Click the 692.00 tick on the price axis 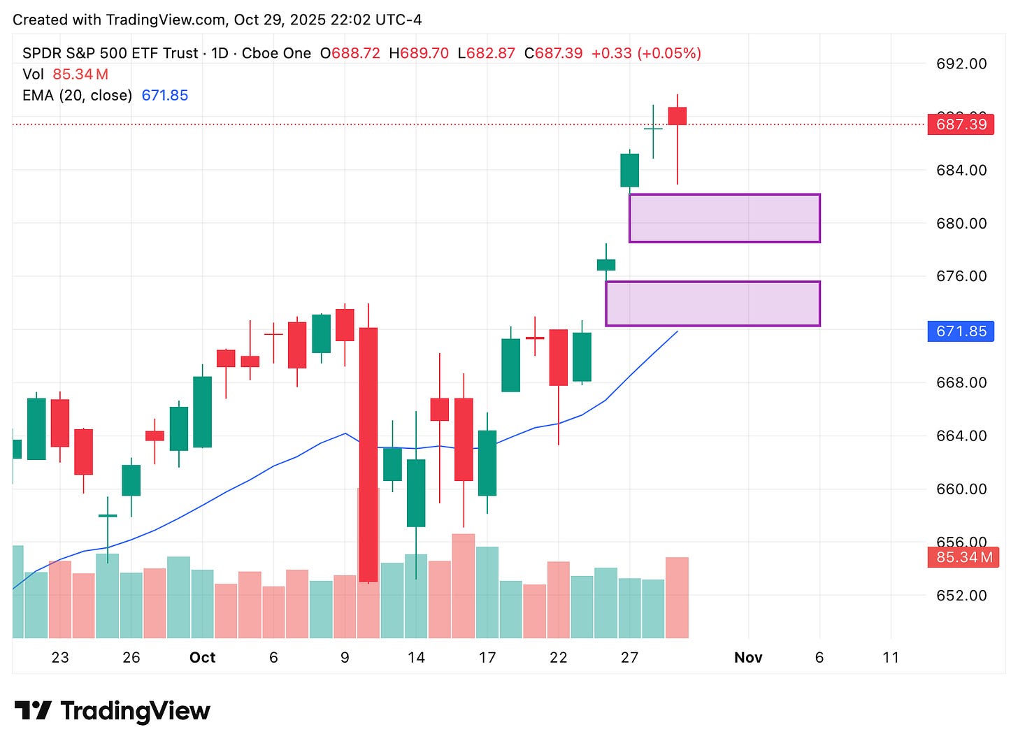[x=961, y=64]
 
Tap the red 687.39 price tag [x=961, y=124]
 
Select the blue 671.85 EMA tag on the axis [x=961, y=331]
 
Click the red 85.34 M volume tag [x=963, y=557]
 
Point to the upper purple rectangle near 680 [x=724, y=218]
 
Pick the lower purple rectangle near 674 [x=712, y=303]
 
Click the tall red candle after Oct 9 [x=368, y=454]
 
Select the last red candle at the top [x=677, y=116]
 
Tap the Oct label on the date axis [x=203, y=658]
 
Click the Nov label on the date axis [x=748, y=658]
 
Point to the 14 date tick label [x=416, y=658]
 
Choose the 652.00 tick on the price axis [x=961, y=596]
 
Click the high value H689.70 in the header [x=419, y=53]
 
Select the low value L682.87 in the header [x=487, y=53]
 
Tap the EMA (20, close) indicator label [x=77, y=95]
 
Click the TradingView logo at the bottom [x=113, y=711]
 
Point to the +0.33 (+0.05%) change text [x=646, y=53]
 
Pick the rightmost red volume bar [x=677, y=598]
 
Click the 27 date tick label [x=629, y=658]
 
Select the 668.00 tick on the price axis [x=961, y=382]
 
